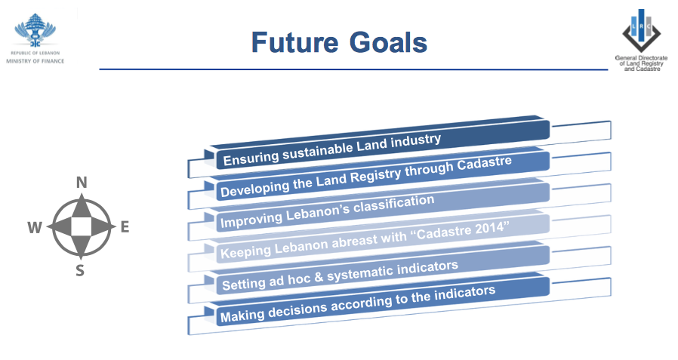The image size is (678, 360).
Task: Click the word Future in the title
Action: coord(295,42)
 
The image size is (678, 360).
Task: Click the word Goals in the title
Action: coord(388,42)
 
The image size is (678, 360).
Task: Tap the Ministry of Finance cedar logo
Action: coord(35,30)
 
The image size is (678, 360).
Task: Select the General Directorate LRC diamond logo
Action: coord(641,31)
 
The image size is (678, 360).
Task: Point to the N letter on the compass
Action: coord(82,183)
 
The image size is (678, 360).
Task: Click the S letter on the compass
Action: coord(80,270)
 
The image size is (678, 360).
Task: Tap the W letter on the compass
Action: coord(35,227)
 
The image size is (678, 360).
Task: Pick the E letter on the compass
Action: coord(125,227)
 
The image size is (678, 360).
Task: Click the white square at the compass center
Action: coord(82,226)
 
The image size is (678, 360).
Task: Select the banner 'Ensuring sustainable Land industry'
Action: coord(377,144)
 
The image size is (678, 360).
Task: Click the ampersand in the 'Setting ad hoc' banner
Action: coord(319,278)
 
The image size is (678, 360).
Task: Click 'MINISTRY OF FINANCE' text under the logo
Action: coord(35,61)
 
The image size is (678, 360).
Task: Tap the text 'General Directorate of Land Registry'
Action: coord(641,60)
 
